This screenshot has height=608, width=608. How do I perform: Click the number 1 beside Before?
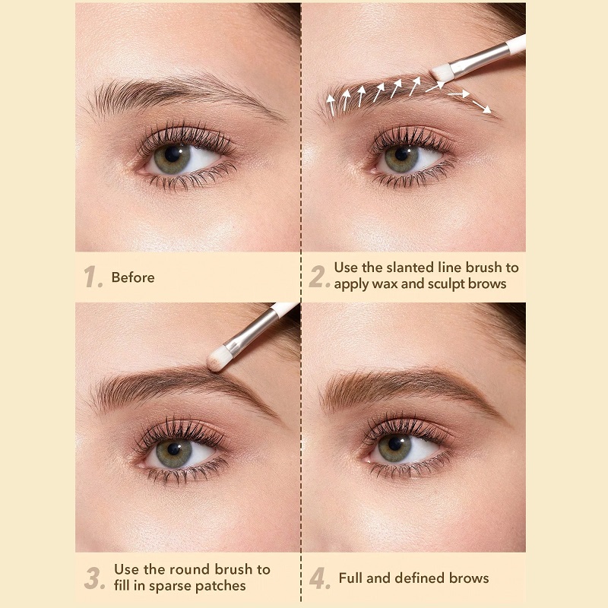(92, 277)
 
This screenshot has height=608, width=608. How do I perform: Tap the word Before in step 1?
(133, 277)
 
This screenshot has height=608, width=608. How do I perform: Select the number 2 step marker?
(318, 277)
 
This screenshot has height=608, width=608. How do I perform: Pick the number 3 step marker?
(94, 578)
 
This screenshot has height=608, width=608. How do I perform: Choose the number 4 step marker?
(319, 578)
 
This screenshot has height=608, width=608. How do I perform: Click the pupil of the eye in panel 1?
(172, 154)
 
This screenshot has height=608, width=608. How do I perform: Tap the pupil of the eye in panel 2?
(402, 154)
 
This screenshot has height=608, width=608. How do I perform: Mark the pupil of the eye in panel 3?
(174, 449)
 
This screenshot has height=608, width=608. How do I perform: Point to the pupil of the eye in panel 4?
(394, 443)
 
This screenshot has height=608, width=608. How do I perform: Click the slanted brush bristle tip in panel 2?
(442, 73)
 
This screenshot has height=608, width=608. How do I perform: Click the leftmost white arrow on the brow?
(331, 105)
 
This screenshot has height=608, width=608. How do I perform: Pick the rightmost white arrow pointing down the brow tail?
(482, 106)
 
